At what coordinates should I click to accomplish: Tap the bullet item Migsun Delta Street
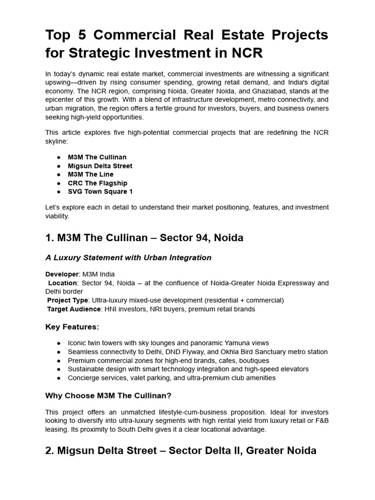[x=100, y=166]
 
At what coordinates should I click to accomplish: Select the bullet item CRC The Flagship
[x=98, y=183]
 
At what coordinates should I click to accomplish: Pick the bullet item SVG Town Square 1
[x=100, y=192]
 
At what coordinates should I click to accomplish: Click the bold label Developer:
[x=62, y=274]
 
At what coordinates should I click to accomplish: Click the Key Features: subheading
[x=72, y=327]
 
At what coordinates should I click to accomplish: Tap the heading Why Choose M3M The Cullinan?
[x=108, y=396]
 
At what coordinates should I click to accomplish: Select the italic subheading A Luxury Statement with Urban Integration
[x=128, y=258]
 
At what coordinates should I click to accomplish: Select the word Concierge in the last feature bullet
[x=83, y=378]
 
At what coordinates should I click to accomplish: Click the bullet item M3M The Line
[x=91, y=174]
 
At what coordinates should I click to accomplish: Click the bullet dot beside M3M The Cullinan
[x=59, y=157]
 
